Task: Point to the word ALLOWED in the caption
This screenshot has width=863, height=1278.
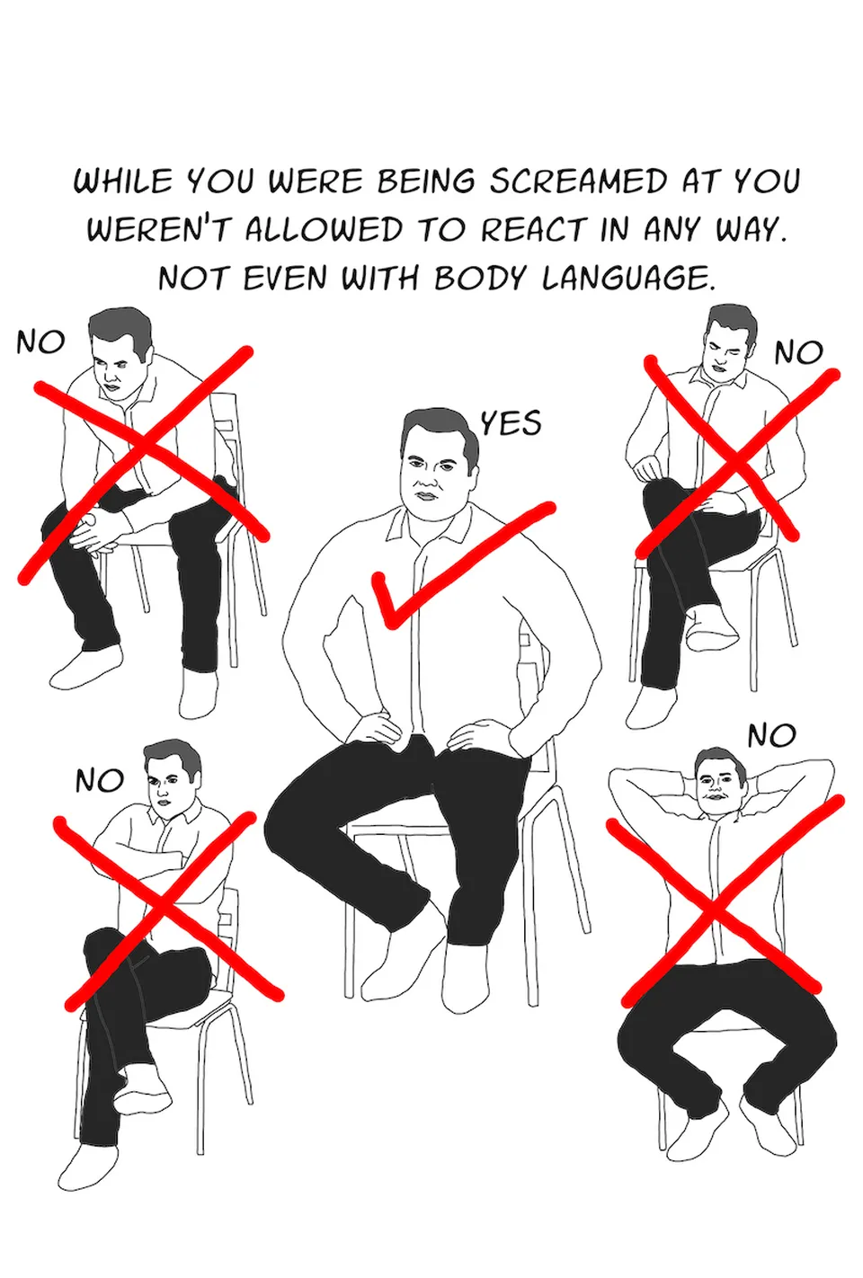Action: (x=323, y=230)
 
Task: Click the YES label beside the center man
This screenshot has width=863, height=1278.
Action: (x=510, y=423)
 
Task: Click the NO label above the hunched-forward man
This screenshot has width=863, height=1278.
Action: (x=40, y=342)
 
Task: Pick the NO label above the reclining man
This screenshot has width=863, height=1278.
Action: (x=771, y=735)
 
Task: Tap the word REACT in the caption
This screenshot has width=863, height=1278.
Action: (x=532, y=230)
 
